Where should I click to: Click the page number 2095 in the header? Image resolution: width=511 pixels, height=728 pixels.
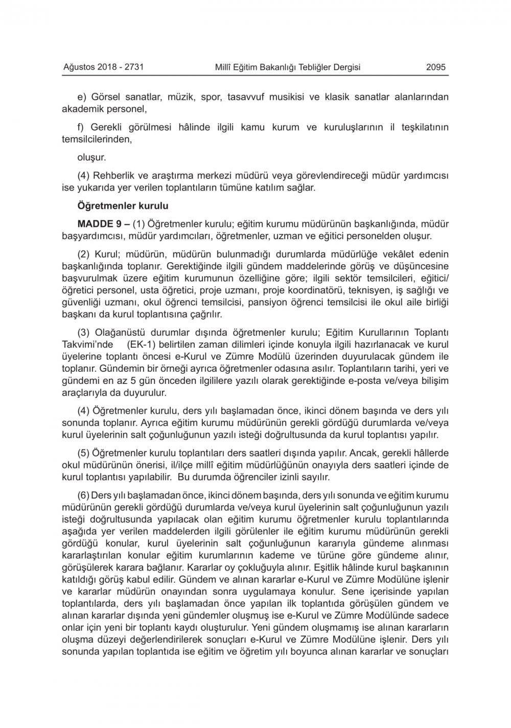436,67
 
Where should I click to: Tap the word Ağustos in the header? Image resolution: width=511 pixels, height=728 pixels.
78,67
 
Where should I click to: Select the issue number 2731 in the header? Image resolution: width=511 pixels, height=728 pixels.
134,67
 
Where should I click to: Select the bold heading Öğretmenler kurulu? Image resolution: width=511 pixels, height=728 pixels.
122,206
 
